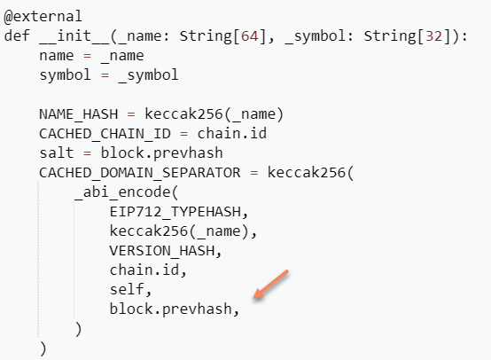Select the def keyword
coord(17,36)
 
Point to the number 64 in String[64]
coord(245,36)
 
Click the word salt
coord(57,153)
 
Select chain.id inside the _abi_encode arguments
coord(141,270)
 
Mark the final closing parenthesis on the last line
coord(43,348)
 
